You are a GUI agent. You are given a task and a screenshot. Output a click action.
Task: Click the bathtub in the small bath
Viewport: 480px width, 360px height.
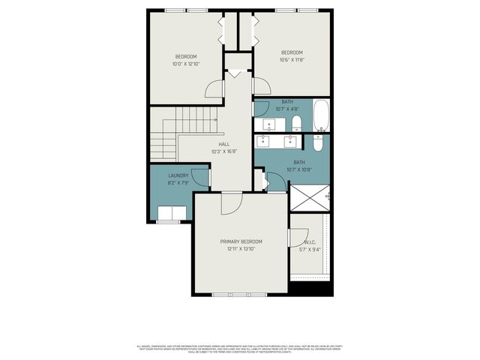pos(321,115)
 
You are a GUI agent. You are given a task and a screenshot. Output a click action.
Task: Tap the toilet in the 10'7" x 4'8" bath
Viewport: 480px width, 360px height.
pos(296,124)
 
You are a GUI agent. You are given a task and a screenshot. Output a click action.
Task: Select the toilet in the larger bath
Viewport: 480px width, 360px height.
pos(318,142)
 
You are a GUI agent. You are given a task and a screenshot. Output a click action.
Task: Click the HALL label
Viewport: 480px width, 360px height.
pos(223,144)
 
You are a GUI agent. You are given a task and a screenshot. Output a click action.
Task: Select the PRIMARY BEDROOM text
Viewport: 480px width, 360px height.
pos(241,241)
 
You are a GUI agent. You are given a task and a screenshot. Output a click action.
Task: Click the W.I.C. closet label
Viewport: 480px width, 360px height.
pos(311,242)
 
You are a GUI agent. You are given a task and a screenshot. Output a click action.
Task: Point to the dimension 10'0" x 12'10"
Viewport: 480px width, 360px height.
pos(186,64)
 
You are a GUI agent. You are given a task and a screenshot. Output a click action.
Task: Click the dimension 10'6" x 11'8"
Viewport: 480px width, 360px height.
pos(292,60)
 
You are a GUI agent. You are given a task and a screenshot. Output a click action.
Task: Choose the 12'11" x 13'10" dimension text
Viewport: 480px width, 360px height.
pos(241,249)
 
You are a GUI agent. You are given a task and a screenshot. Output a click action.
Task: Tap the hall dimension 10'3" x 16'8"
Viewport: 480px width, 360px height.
pos(223,151)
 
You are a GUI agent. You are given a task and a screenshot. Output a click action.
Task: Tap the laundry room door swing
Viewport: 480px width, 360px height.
pos(200,177)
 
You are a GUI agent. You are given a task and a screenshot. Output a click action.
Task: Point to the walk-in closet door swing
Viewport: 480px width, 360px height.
pos(298,237)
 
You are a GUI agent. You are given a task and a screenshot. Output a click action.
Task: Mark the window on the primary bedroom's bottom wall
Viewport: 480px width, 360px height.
pos(241,294)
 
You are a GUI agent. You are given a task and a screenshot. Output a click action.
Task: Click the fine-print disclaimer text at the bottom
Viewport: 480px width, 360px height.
pos(239,349)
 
